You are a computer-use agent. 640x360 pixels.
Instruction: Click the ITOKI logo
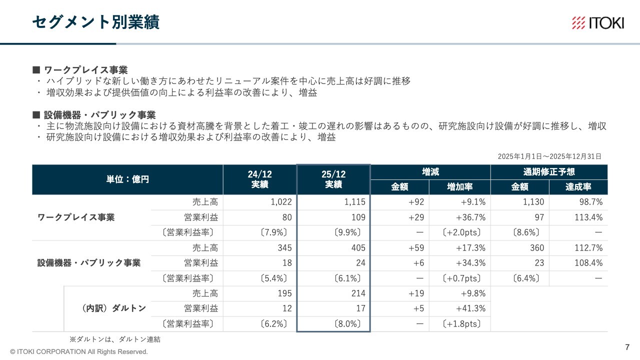[x=597, y=23]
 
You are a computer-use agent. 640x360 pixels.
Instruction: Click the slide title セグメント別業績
[x=95, y=22]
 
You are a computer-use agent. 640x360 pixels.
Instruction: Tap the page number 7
[x=627, y=347]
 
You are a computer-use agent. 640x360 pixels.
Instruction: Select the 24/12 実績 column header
[x=259, y=179]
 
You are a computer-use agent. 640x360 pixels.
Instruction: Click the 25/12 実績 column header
[x=333, y=179]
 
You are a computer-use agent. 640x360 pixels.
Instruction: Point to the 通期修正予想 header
[x=549, y=172]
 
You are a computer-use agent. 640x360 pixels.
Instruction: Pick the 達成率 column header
[x=578, y=187]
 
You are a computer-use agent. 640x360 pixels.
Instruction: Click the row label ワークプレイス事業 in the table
[x=76, y=217]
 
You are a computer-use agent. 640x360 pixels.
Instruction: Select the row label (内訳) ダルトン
[x=113, y=308]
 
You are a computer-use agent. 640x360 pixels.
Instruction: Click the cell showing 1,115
[x=354, y=202]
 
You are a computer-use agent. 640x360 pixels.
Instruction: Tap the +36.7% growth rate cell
[x=470, y=217]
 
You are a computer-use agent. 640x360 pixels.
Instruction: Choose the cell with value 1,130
[x=533, y=202]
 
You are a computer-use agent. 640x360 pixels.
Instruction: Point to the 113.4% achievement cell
[x=588, y=217]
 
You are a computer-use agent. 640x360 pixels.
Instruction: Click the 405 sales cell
[x=358, y=248]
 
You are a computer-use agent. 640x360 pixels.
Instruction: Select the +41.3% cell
[x=470, y=308]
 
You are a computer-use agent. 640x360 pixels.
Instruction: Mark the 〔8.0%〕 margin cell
[x=347, y=323]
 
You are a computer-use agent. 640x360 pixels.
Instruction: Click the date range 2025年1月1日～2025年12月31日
[x=549, y=156]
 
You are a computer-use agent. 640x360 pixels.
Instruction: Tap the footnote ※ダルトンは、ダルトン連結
[x=114, y=339]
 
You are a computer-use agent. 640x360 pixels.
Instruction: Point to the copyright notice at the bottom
[x=79, y=352]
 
